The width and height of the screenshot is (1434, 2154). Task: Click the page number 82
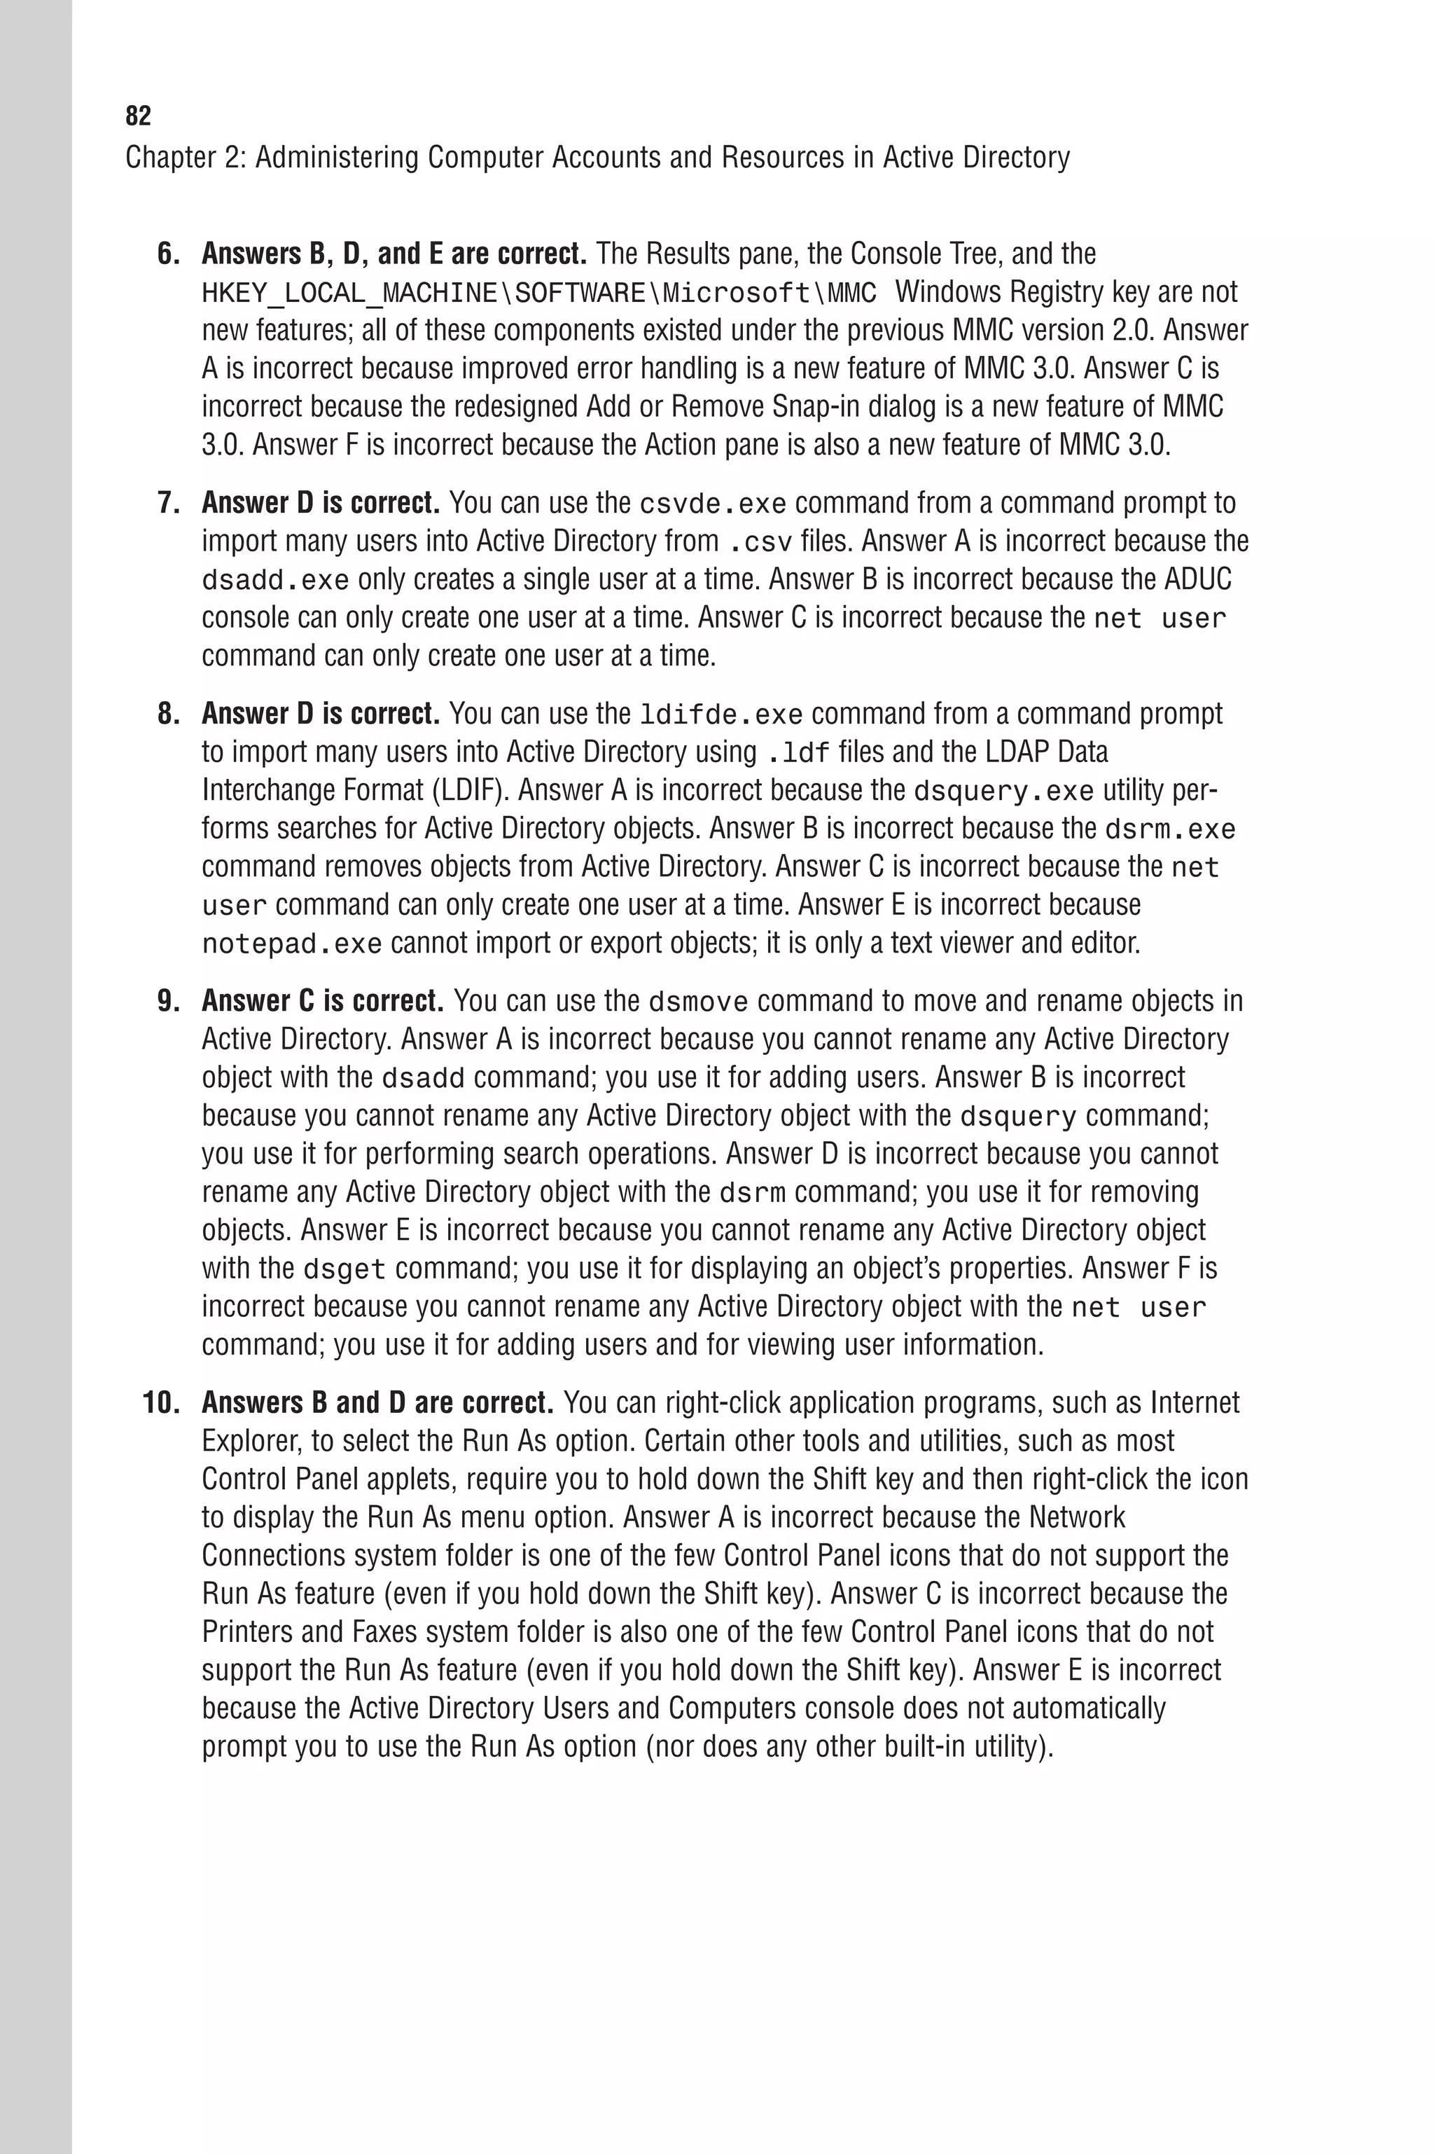[138, 116]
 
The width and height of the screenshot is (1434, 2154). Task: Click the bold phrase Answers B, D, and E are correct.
[394, 254]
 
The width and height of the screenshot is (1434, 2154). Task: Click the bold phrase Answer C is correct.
[322, 1000]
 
